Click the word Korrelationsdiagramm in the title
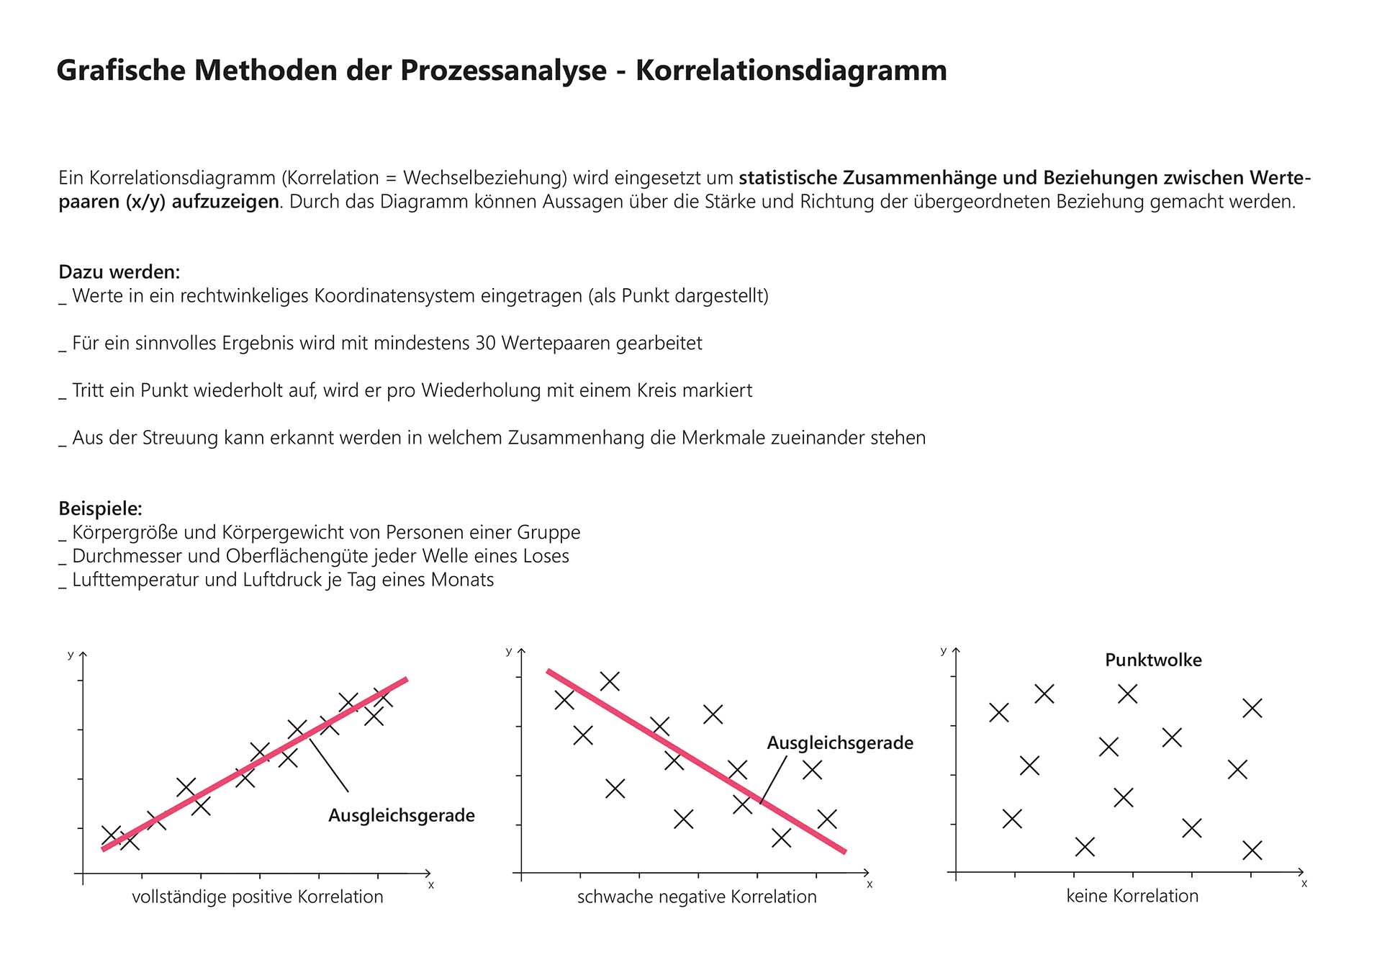pos(791,71)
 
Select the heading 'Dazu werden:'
pos(119,272)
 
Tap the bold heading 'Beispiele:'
pos(100,508)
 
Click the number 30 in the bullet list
pos(485,343)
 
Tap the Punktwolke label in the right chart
pos(1153,660)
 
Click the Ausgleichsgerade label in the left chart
pos(402,815)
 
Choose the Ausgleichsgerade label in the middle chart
pos(840,743)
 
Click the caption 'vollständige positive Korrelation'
pos(258,897)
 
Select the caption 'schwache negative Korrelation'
pos(697,897)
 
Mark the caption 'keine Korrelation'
pos(1132,896)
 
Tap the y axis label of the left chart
pos(71,655)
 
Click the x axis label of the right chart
pos(1304,883)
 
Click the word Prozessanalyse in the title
pos(503,71)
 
